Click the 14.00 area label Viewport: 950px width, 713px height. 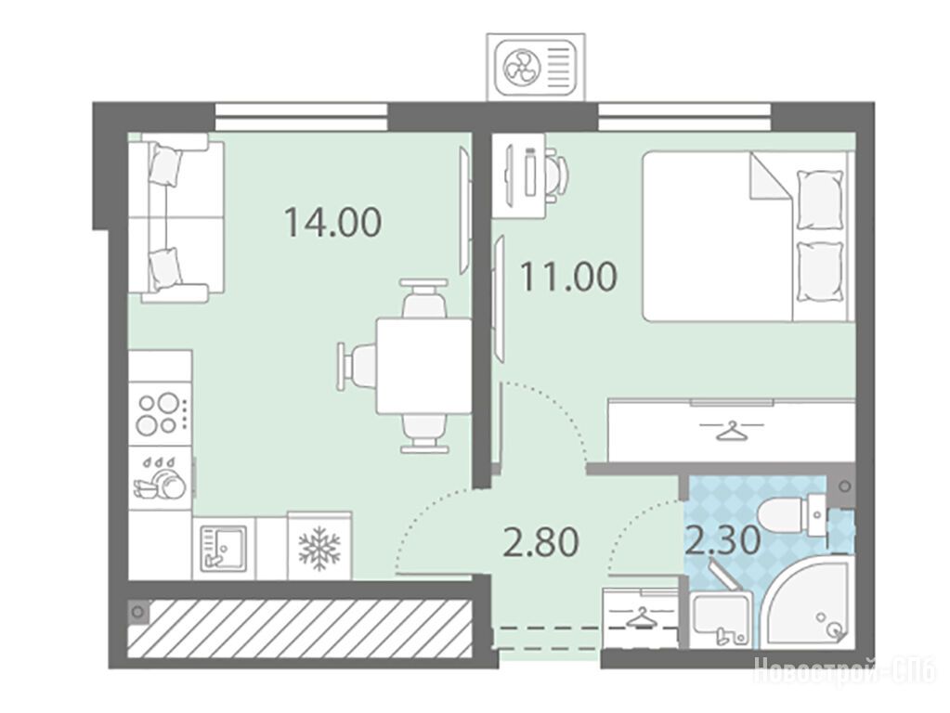[x=332, y=222]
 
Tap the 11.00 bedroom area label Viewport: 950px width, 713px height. [x=569, y=277]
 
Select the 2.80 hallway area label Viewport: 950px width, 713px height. [x=541, y=542]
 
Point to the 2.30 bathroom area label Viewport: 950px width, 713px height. [x=722, y=540]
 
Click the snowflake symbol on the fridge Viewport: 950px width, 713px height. [x=319, y=548]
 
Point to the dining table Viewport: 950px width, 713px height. [x=423, y=365]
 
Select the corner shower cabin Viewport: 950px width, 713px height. [x=806, y=603]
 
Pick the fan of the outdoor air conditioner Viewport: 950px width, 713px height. [x=522, y=65]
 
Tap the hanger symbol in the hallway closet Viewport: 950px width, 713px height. [x=641, y=618]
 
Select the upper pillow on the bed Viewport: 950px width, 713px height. [x=819, y=200]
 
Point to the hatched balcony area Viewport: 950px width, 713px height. [x=300, y=629]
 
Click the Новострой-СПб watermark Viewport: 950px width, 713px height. [x=844, y=670]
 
